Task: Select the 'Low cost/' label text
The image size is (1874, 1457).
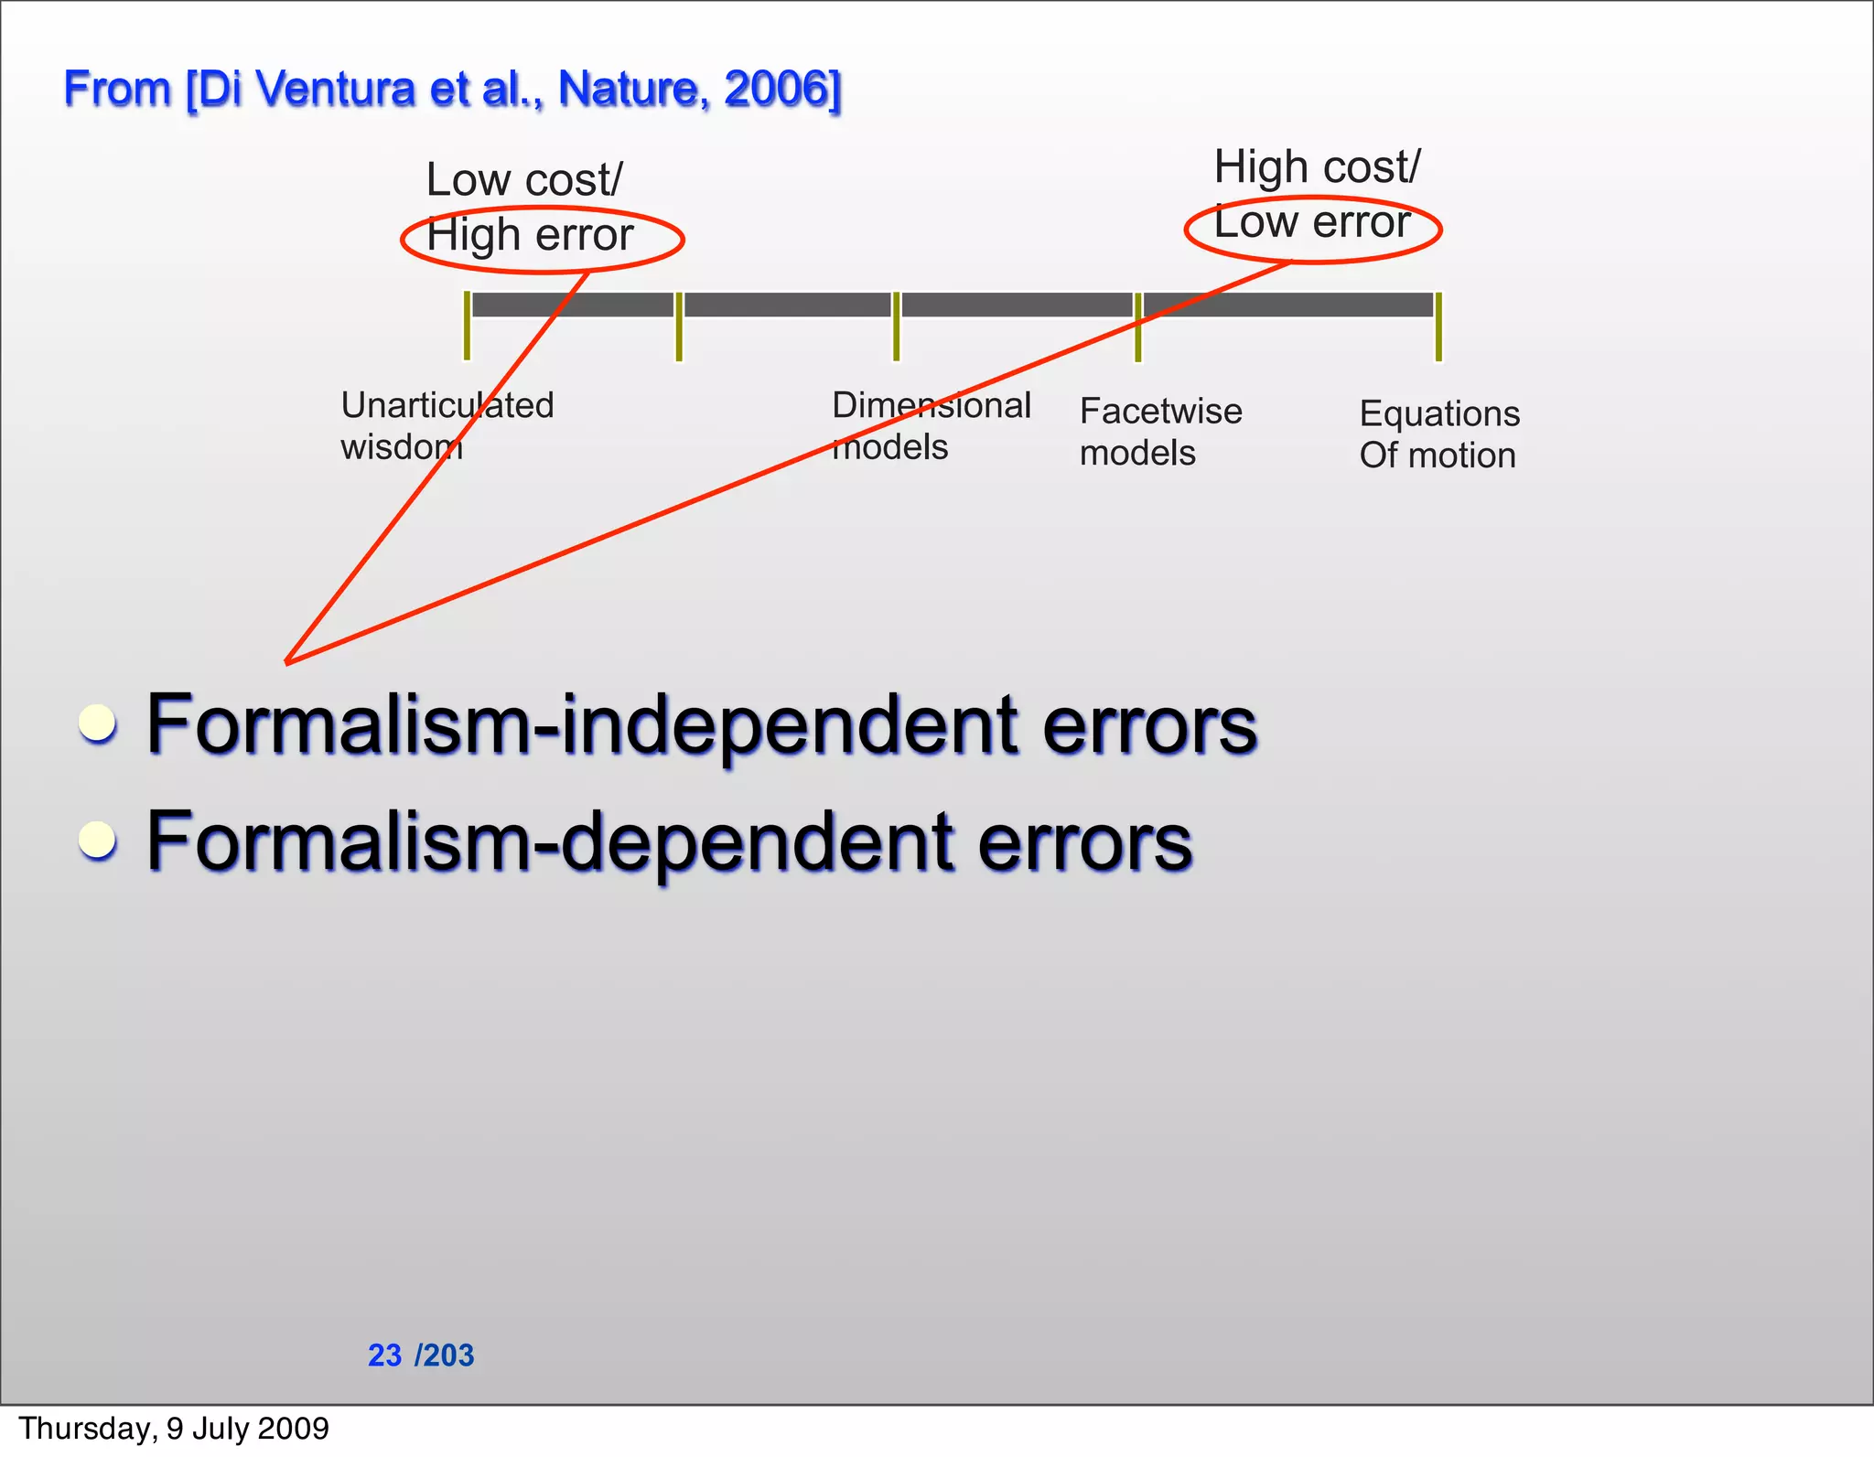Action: (x=524, y=179)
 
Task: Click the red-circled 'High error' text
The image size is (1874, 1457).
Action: (x=530, y=235)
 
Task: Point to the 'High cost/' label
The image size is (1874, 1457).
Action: (x=1317, y=167)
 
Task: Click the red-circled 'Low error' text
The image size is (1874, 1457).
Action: (x=1312, y=222)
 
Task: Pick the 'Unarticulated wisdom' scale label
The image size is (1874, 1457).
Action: (x=447, y=425)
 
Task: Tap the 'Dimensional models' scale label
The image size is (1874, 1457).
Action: (x=931, y=425)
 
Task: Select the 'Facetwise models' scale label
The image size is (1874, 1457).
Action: (x=1160, y=432)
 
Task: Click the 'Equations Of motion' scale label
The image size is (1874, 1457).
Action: (x=1438, y=434)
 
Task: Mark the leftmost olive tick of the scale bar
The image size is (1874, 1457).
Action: (x=467, y=326)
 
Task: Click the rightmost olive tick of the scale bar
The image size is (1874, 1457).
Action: (x=1438, y=327)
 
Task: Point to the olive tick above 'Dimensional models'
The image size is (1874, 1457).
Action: (x=896, y=327)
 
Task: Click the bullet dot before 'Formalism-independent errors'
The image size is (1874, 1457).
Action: (x=97, y=723)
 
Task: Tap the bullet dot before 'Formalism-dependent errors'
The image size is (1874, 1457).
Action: (x=97, y=840)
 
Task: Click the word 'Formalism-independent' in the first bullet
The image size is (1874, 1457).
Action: (x=582, y=725)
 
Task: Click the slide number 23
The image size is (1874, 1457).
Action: (x=384, y=1355)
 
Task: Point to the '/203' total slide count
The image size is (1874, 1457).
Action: (x=445, y=1355)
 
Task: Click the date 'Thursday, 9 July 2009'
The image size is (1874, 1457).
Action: (x=174, y=1429)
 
